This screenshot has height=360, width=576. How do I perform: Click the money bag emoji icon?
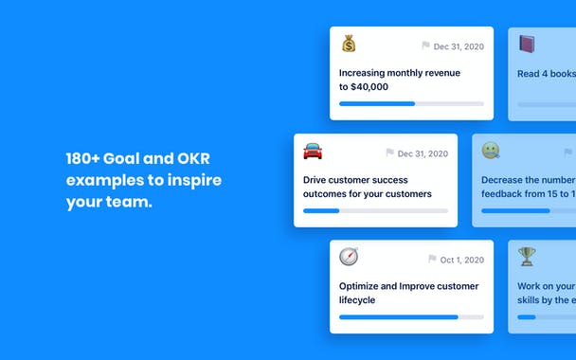(x=349, y=44)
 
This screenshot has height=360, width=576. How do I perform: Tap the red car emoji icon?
(x=313, y=151)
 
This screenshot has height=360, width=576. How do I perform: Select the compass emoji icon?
(x=349, y=257)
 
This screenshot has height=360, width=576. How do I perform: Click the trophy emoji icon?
(x=527, y=257)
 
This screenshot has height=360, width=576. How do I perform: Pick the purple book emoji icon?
(x=527, y=44)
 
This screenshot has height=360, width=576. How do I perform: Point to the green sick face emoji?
(x=491, y=151)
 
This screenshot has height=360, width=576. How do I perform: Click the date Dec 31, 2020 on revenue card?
(x=459, y=46)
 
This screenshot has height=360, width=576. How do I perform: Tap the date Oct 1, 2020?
(x=462, y=260)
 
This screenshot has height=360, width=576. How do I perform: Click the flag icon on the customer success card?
(x=389, y=153)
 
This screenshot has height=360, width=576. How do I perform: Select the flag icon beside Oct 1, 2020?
(x=432, y=260)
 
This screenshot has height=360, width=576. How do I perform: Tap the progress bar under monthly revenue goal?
(x=411, y=103)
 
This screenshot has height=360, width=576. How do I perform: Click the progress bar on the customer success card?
(x=375, y=210)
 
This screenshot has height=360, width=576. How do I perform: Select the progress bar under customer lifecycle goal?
(x=411, y=316)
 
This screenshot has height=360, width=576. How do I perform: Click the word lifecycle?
(x=357, y=300)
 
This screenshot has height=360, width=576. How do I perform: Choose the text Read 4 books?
(x=546, y=74)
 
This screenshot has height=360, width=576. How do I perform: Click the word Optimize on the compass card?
(x=362, y=286)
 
